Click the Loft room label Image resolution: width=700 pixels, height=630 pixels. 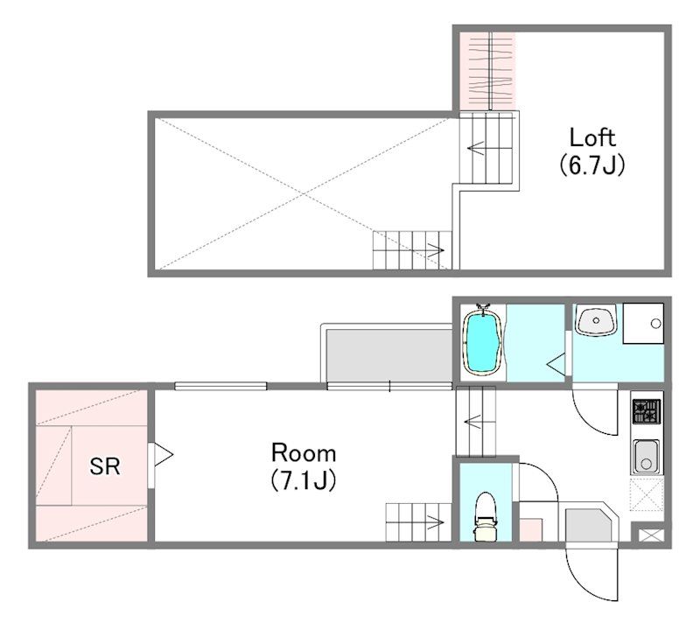(592, 138)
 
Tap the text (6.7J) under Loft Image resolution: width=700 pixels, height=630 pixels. (591, 164)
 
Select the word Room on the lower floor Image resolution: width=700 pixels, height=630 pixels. (304, 452)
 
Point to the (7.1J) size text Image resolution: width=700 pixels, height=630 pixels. (303, 480)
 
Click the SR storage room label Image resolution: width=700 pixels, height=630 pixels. (104, 466)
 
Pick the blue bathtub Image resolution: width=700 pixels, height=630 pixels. (483, 340)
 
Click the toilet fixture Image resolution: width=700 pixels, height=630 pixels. (486, 516)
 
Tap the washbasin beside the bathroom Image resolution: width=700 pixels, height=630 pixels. (596, 319)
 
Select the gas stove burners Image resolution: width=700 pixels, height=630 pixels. (647, 411)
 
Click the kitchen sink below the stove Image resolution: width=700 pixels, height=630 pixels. (646, 456)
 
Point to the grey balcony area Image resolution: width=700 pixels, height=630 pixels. (388, 355)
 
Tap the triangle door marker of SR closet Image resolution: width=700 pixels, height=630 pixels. (163, 455)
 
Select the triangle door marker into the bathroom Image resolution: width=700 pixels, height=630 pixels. (556, 364)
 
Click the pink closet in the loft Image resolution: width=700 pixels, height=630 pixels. (487, 71)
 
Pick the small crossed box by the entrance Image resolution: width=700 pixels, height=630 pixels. (651, 535)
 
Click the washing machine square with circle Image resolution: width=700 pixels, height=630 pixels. (643, 323)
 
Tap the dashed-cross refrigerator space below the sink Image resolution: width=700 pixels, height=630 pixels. (646, 494)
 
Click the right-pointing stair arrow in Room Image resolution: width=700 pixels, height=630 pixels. (435, 522)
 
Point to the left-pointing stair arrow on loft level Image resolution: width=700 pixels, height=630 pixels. (476, 147)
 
